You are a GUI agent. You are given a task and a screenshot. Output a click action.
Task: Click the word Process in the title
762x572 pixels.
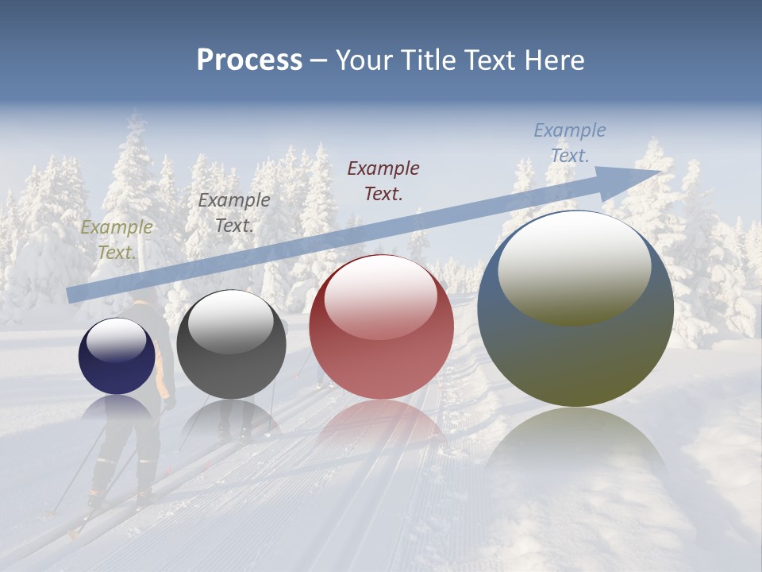(x=249, y=60)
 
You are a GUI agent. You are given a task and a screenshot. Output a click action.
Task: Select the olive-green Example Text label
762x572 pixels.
(x=117, y=240)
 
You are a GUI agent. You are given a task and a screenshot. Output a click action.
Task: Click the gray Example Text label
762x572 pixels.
(x=233, y=213)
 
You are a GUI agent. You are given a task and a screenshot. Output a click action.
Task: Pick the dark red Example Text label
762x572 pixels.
(x=383, y=180)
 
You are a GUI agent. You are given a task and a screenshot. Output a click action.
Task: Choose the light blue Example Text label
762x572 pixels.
(x=569, y=143)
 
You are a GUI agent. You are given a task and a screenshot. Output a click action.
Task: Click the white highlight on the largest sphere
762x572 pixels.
(x=574, y=266)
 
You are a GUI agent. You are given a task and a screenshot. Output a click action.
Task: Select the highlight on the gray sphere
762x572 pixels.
(x=230, y=322)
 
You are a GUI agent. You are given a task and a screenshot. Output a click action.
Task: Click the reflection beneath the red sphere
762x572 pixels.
(x=381, y=425)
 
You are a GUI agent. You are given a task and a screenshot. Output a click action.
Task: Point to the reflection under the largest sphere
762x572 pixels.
(x=575, y=445)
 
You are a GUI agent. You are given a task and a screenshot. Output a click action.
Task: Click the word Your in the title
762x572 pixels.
(x=364, y=60)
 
